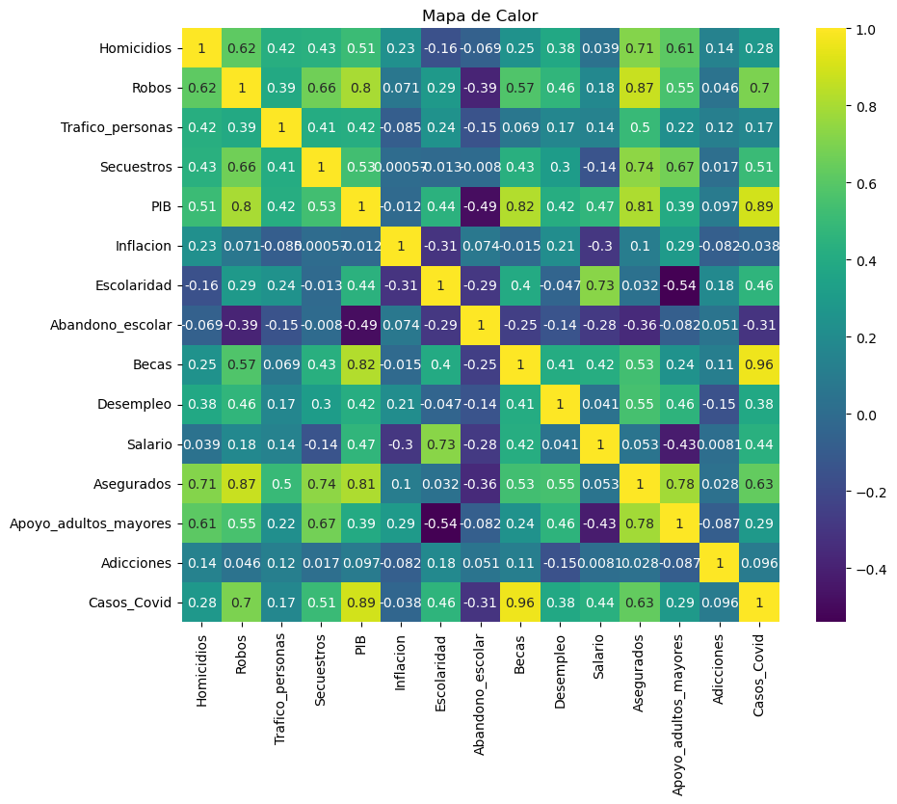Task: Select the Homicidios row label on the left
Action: pos(135,48)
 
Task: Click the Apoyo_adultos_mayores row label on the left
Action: pos(91,523)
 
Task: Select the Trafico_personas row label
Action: pos(115,127)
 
